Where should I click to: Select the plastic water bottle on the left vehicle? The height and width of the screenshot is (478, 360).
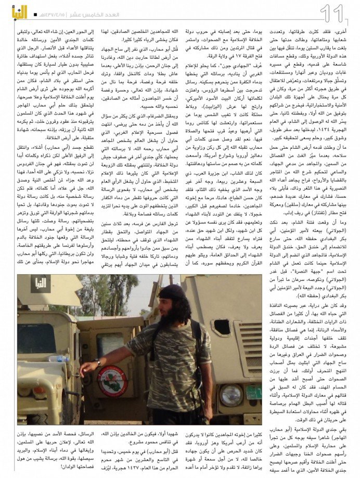point(59,358)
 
